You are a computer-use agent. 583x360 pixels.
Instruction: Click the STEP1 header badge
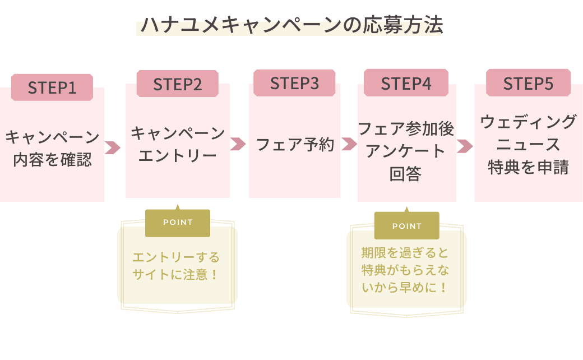52,87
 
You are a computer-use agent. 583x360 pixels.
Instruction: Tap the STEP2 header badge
178,84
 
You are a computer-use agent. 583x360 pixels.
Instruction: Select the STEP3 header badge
294,83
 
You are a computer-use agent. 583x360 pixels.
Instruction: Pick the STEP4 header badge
406,84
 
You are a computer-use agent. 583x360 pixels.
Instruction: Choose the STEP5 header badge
528,84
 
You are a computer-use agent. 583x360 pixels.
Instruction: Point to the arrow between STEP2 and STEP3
238,144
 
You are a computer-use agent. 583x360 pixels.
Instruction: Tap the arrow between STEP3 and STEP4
349,144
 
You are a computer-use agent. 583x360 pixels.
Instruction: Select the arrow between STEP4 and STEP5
465,146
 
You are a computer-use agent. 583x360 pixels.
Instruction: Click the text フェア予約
295,145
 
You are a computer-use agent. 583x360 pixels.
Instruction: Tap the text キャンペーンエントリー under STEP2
178,144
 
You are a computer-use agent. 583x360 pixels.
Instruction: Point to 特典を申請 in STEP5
529,168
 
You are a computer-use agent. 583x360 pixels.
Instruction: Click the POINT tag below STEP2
178,223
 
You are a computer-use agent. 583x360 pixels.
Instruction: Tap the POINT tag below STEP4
406,226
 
